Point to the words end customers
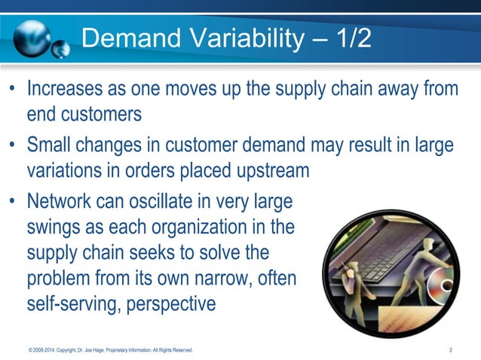[x=84, y=114]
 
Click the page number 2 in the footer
[x=450, y=350]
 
